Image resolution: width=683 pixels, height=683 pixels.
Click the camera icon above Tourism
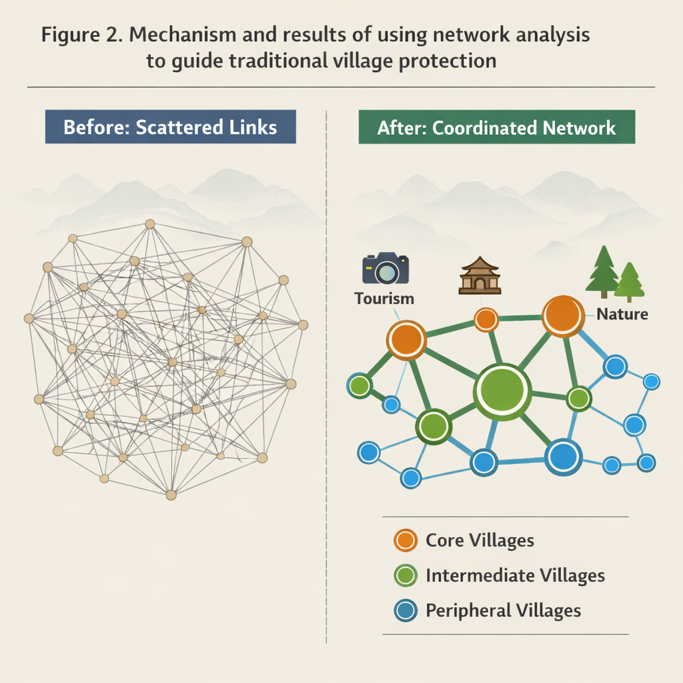(386, 269)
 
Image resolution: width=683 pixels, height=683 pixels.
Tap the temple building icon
(480, 275)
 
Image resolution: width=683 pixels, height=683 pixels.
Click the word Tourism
(384, 298)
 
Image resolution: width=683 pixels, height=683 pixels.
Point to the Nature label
(622, 313)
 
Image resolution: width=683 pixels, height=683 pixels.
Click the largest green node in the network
(502, 392)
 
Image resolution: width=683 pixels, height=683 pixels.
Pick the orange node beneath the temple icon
(486, 319)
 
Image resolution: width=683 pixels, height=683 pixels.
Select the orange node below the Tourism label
(406, 339)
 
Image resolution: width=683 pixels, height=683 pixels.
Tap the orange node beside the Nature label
(564, 315)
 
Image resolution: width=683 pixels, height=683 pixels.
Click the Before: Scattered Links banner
(170, 127)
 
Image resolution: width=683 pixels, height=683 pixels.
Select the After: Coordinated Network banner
(497, 127)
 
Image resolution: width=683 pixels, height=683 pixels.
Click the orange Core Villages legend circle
(406, 540)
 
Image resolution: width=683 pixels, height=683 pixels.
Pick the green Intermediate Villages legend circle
(406, 575)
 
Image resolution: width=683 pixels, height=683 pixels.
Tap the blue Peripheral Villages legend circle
(406, 610)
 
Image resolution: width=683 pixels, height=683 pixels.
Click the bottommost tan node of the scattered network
(171, 495)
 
